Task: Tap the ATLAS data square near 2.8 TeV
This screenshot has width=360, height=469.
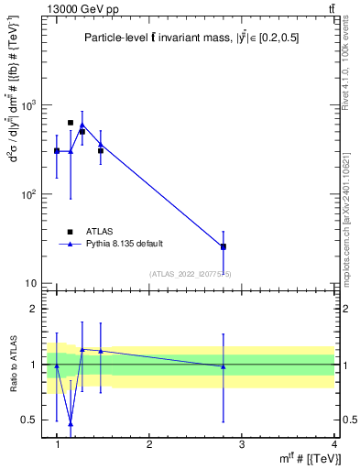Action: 224,246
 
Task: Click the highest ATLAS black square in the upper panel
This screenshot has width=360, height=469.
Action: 71,122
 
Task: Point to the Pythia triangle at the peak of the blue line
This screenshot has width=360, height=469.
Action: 82,125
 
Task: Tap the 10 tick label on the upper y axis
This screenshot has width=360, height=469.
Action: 32,283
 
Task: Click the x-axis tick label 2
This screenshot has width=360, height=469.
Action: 149,443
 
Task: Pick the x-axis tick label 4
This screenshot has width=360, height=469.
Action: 334,443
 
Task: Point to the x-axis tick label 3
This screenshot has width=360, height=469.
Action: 242,443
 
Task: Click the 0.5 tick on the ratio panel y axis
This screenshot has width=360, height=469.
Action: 29,420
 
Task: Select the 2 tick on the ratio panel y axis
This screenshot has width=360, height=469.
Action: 35,309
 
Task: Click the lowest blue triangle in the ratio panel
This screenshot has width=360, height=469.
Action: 71,423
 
